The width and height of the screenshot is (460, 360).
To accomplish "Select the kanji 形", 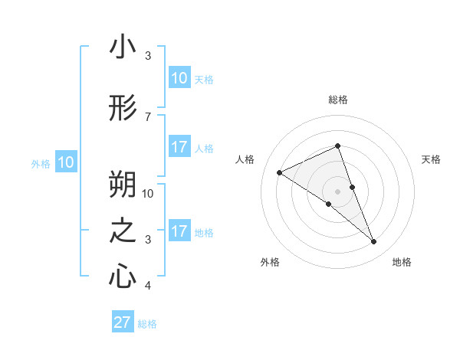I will [x=123, y=109].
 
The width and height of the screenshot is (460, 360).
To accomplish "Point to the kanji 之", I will [x=123, y=231].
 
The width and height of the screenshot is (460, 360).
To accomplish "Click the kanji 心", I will [x=123, y=277].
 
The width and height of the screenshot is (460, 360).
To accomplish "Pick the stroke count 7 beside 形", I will [x=148, y=116].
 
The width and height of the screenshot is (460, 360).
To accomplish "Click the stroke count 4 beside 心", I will [x=148, y=286].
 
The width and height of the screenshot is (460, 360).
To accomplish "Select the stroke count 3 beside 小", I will [x=148, y=56].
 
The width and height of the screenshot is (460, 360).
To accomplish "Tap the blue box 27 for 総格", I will [x=123, y=322].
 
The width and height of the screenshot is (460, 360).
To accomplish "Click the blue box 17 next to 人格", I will [x=179, y=147].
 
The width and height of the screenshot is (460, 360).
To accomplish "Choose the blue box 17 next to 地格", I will [x=179, y=231].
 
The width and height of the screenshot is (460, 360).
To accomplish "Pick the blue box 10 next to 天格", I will [x=179, y=78].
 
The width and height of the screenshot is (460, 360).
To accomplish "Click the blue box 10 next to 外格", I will [x=66, y=162].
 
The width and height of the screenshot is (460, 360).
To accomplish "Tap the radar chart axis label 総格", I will [x=338, y=100].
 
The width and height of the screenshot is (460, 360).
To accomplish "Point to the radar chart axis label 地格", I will [x=402, y=262].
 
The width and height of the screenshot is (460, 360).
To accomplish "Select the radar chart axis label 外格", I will [x=270, y=262].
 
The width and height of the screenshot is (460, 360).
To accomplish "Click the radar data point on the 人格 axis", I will [x=279, y=172].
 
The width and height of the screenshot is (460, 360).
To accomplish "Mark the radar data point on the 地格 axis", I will [x=374, y=242].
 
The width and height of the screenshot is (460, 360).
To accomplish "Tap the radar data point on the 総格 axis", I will [x=338, y=146].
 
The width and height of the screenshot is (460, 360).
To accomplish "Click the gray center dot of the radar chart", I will [x=338, y=191].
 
